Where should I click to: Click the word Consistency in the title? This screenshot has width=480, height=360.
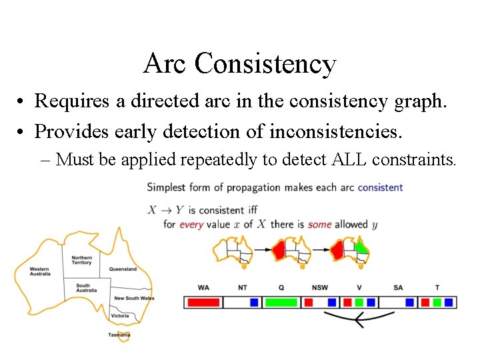pos(266,63)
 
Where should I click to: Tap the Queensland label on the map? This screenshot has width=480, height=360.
pos(123,269)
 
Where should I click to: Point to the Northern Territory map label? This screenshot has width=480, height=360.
pos(82,260)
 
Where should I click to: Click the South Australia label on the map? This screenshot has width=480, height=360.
pos(86,288)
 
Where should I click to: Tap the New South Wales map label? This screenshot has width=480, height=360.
pos(134,298)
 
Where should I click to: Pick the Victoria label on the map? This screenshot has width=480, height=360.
pos(121,315)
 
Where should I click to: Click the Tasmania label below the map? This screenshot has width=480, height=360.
pos(119,335)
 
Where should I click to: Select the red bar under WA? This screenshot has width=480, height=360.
pos(203,302)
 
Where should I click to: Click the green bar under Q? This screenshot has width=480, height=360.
pos(281,302)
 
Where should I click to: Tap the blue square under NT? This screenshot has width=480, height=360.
pos(254,302)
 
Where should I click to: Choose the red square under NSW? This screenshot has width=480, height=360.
pos(308,302)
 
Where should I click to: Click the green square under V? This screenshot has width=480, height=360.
pos(359,302)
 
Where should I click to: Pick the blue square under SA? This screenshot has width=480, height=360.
pos(409,302)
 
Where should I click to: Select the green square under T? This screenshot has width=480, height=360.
pos(437,302)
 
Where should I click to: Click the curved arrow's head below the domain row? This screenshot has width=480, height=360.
pos(357,321)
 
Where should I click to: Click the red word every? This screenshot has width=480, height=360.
pos(191,225)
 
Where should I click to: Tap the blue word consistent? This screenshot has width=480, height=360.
pos(380,187)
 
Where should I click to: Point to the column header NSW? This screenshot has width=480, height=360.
pos(319,288)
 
